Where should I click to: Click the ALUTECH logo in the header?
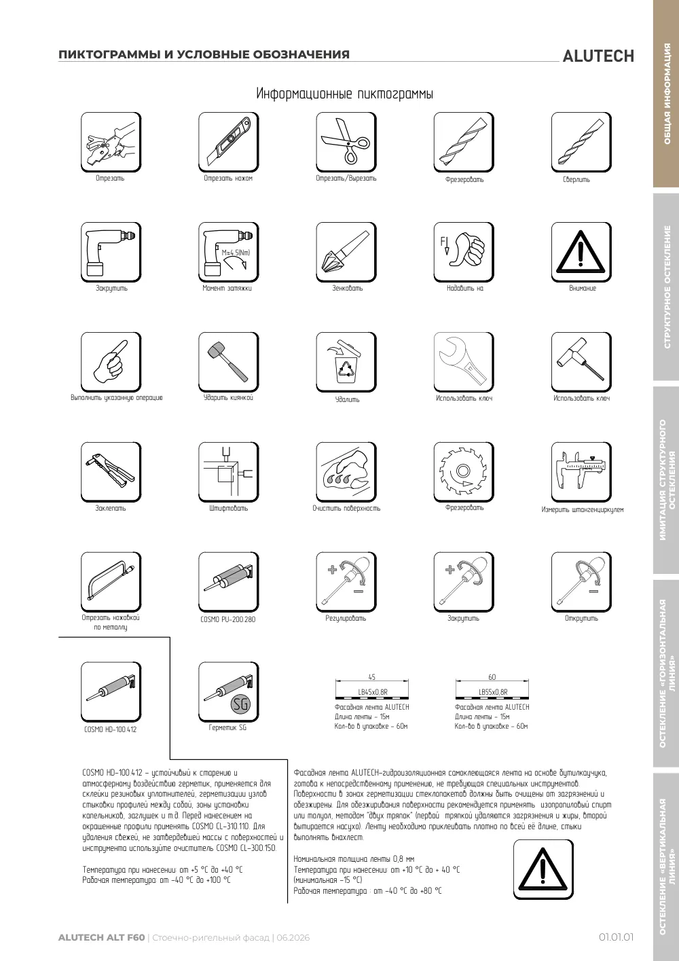coord(598,56)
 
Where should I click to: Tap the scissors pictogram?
coord(346,142)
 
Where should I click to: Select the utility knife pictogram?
coord(229,142)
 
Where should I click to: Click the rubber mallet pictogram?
coord(229,362)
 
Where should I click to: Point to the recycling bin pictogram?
coord(346,362)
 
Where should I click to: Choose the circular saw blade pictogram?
coord(464,472)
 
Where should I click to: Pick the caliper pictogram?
coord(581,472)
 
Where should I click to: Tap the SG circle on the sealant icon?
coord(240,704)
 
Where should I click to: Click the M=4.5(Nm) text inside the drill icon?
coord(236,253)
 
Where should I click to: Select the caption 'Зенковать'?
coord(348,288)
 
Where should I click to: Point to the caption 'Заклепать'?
coord(111,509)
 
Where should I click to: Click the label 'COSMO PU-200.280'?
coord(228,619)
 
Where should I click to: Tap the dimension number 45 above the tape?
coord(372,677)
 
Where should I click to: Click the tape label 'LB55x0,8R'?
coord(493,692)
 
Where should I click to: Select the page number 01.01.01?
coord(616,937)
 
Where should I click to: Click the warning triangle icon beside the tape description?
coord(543,870)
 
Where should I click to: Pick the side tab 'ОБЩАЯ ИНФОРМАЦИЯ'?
coord(667,94)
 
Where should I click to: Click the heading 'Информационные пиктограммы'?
coord(345,94)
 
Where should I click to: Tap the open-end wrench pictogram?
coord(464,362)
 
